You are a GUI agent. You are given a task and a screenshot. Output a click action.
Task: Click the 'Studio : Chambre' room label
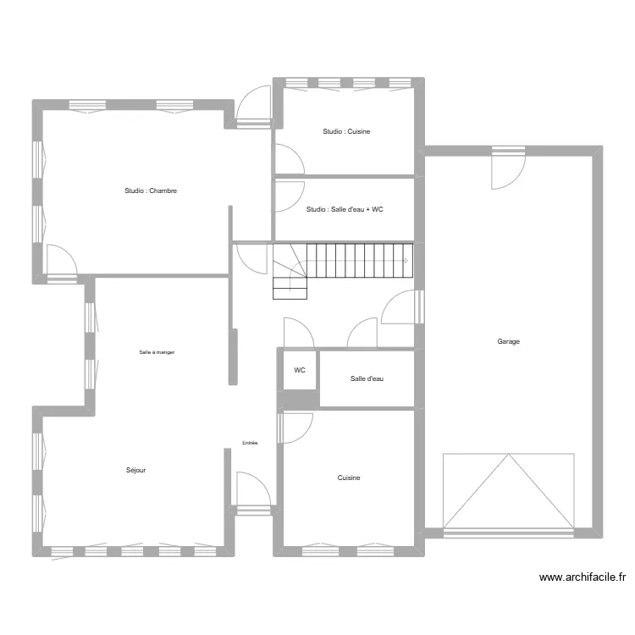(151, 191)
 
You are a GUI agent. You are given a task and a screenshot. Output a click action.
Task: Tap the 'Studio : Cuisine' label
(346, 132)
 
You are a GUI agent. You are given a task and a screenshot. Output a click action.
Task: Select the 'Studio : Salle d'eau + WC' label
(345, 209)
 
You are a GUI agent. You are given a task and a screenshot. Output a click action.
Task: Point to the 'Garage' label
(508, 342)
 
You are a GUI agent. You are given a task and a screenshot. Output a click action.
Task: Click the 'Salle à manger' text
(157, 352)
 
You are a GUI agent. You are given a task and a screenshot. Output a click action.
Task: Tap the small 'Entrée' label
(250, 443)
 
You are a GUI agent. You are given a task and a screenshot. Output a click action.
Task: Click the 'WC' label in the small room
(300, 371)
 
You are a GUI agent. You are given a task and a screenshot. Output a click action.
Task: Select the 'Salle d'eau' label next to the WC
(367, 378)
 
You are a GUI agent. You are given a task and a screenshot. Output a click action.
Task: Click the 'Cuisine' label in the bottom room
(349, 478)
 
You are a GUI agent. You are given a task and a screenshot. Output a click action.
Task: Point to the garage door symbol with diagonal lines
(508, 491)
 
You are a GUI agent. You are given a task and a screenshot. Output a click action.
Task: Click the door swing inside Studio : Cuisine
(288, 159)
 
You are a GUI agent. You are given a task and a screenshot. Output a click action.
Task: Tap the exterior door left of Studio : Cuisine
(252, 107)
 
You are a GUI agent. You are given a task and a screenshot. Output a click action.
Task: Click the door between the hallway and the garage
(401, 308)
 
